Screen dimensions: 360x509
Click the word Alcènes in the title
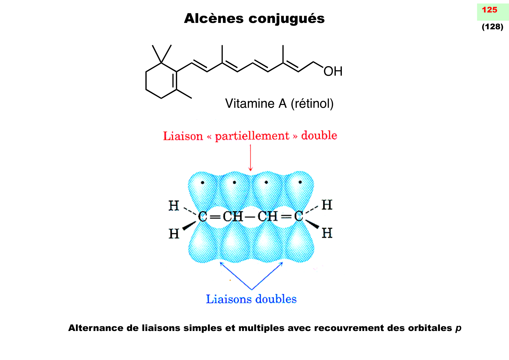click(214, 19)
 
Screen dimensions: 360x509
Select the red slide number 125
click(490, 10)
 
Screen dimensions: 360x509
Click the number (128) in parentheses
click(492, 27)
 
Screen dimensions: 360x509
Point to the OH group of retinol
click(333, 71)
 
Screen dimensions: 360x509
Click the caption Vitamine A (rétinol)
click(279, 104)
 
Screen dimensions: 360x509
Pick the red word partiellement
click(252, 136)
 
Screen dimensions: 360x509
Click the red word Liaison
click(183, 136)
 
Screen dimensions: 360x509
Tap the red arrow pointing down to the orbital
click(250, 158)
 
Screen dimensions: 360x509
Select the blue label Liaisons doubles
click(251, 299)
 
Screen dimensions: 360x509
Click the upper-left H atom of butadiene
click(174, 206)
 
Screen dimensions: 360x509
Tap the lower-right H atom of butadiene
click(327, 233)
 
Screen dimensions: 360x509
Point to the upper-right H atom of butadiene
click(327, 205)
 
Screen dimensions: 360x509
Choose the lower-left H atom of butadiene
click(174, 234)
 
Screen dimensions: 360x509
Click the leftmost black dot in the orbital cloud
click(203, 182)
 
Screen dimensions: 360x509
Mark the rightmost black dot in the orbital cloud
click(300, 182)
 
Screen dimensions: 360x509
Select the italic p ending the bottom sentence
click(458, 328)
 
